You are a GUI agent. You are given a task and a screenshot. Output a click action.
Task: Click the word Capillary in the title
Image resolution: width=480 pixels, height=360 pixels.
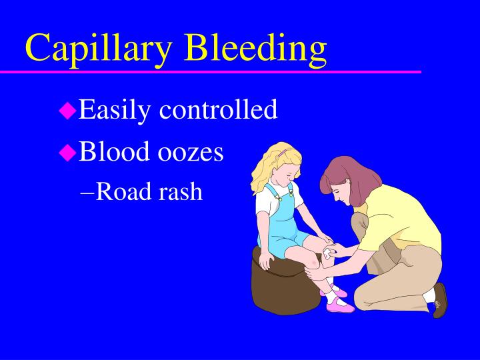[x=100, y=47]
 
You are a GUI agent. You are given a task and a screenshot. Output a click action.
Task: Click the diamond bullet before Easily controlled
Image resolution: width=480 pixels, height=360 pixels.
[x=67, y=111]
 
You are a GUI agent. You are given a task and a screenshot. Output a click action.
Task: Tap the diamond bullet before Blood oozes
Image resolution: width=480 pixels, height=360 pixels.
[x=67, y=153]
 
